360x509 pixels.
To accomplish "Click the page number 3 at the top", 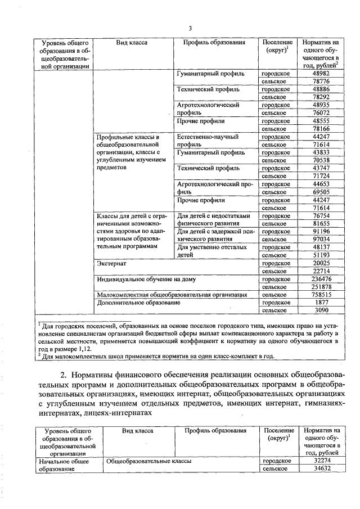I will coord(190,29).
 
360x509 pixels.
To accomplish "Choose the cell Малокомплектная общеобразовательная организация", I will coord(172,294).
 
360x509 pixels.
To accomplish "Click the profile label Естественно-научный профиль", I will coord(208,141).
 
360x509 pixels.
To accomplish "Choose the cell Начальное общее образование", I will coord(61,465).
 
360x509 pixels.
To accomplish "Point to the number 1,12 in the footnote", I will coord(84,349).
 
